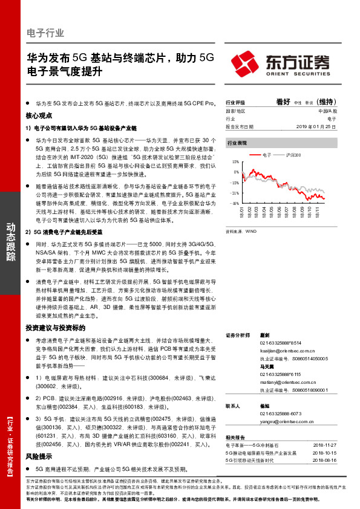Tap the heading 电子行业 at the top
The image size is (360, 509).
45,33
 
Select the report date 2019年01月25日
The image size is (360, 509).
317,127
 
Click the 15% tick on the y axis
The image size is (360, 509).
234,163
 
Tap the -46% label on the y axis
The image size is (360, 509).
234,203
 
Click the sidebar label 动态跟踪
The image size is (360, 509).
11,242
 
